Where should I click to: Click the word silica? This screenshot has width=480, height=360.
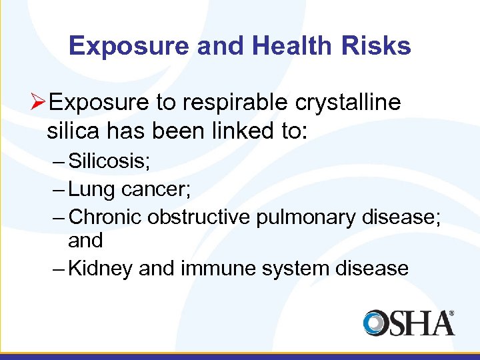tap(71, 131)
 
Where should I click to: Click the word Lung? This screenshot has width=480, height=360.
tap(91, 189)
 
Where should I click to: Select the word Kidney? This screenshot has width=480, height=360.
tap(101, 268)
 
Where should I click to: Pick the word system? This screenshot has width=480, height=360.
tap(303, 268)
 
